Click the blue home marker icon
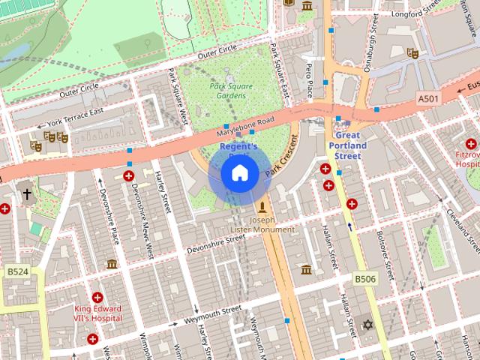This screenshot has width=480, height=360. tap(240, 173)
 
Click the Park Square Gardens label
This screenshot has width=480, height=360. tap(231, 91)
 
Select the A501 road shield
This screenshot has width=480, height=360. tap(428, 98)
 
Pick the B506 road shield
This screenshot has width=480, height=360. tap(364, 279)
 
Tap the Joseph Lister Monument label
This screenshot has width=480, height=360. tap(262, 226)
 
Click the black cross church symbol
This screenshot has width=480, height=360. tap(27, 194)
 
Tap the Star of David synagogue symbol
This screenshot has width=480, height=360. tap(367, 325)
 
